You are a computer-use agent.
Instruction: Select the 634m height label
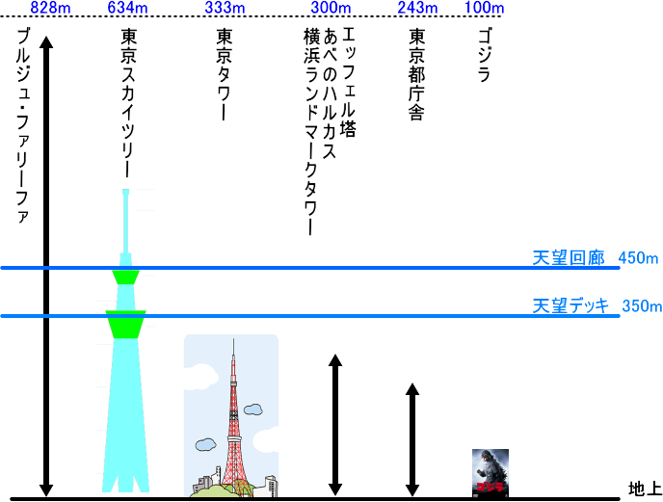point(128,9)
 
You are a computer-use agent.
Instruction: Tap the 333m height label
point(225,9)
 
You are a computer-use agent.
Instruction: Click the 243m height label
point(417,9)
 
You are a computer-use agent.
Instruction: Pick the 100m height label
point(484,9)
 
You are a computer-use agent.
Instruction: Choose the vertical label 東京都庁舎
point(417,73)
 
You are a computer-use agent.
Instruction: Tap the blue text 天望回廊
point(568,258)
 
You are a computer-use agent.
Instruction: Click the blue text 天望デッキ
point(571,306)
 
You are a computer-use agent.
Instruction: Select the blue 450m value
point(640,258)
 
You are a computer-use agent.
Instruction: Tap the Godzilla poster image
point(490,473)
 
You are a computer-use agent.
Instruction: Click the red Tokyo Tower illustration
point(231,414)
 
